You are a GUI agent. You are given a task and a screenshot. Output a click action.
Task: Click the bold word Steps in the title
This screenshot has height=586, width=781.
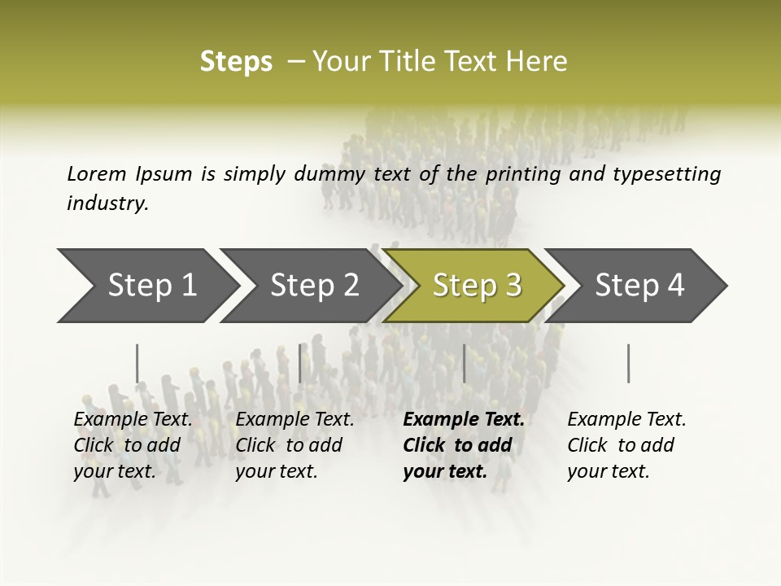236,62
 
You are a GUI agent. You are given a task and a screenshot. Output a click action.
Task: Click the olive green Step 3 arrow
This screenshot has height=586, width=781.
477,286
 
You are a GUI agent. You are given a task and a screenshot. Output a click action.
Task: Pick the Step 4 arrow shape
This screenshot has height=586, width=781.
639,286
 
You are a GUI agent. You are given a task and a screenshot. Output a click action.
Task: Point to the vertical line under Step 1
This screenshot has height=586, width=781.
137,363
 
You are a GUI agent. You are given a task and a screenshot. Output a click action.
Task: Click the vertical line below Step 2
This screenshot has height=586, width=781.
300,363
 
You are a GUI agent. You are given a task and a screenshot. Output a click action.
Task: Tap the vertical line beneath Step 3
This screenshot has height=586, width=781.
465,363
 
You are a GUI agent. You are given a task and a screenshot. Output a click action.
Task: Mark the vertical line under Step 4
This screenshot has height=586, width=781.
629,363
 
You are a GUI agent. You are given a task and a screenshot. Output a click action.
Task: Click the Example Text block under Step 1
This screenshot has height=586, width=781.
133,445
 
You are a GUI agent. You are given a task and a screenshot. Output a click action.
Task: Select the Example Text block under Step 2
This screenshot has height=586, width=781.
295,445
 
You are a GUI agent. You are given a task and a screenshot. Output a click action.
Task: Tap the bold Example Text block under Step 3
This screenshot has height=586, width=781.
464,445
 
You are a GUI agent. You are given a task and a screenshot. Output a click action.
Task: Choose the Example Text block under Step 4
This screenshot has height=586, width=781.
626,445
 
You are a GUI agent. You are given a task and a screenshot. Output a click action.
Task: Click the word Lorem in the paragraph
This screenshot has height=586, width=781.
96,174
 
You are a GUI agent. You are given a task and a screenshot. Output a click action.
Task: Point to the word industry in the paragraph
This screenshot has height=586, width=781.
107,203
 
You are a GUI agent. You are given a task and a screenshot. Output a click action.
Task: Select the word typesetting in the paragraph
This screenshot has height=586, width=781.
673,174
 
